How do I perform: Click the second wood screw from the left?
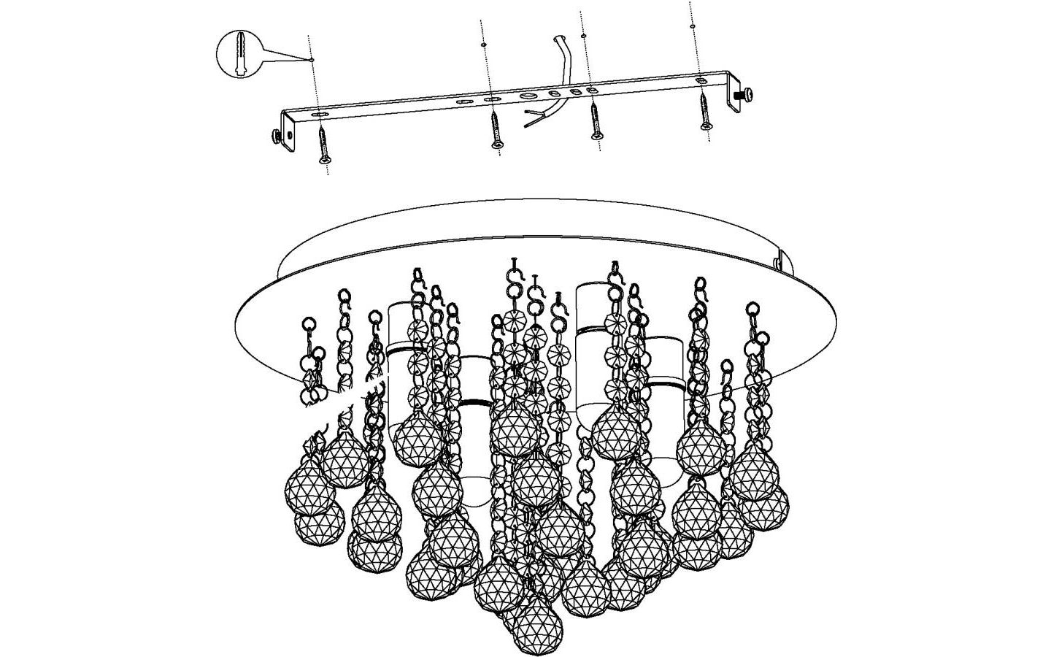[x=496, y=130]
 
